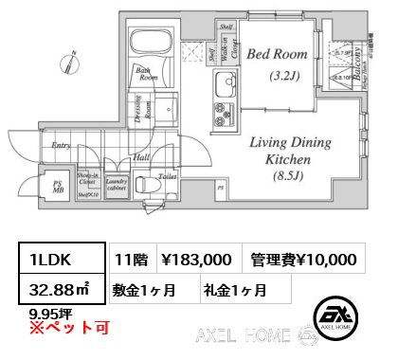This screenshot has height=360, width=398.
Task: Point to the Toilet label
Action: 169,176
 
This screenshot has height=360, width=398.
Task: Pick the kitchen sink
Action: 228,90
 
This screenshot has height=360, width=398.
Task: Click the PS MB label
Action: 57,188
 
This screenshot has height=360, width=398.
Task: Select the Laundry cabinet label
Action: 118,184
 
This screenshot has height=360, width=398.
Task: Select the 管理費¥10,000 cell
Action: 303,258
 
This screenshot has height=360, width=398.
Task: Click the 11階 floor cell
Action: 129,258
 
